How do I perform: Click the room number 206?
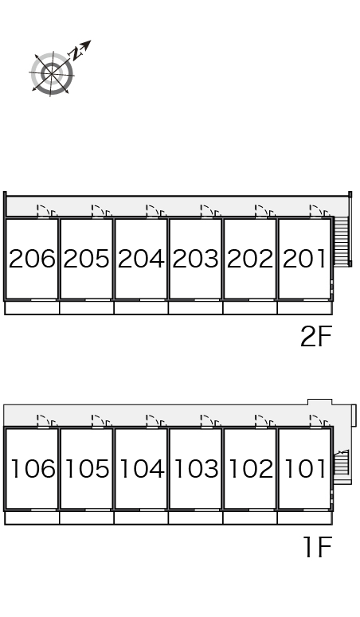click(32, 259)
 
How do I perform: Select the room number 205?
click(86, 259)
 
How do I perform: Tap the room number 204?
click(141, 259)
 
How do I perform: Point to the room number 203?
click(195, 259)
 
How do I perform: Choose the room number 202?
click(250, 259)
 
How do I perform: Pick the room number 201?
click(304, 259)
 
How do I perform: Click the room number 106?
click(33, 469)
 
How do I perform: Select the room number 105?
click(88, 469)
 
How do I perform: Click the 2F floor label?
click(316, 337)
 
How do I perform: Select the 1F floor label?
click(319, 547)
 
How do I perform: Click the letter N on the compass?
click(74, 53)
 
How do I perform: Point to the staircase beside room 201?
click(342, 240)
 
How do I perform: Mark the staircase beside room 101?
click(342, 463)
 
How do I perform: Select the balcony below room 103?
click(195, 517)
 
